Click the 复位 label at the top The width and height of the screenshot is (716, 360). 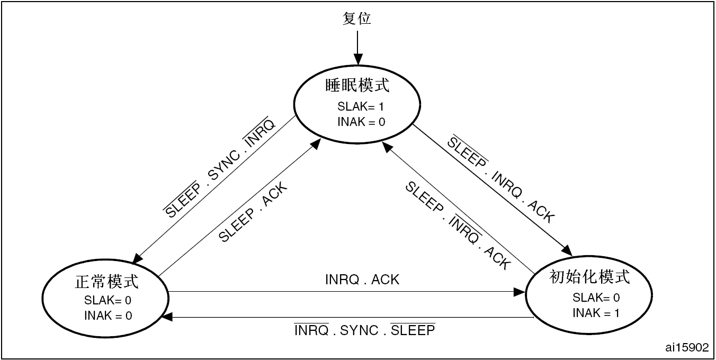click(357, 19)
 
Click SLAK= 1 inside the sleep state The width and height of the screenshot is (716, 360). click(361, 106)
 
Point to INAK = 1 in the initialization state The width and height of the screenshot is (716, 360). click(596, 313)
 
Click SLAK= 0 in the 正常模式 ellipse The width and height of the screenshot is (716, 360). click(108, 300)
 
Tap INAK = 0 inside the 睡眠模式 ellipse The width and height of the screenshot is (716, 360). click(361, 122)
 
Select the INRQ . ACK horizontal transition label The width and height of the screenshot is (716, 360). click(362, 280)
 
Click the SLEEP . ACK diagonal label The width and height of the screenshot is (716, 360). click(253, 212)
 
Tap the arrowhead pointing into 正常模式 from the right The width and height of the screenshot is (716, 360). click(167, 317)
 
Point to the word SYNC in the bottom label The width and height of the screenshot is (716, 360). click(359, 330)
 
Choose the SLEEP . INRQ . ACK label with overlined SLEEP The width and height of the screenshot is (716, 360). click(500, 180)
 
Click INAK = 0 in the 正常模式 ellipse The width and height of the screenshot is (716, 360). click(108, 316)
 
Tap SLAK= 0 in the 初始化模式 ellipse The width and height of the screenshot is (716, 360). click(596, 298)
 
